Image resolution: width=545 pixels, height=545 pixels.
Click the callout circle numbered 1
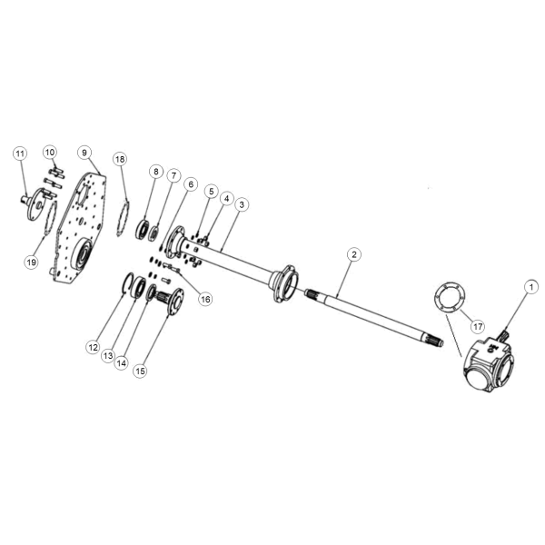tap(530, 287)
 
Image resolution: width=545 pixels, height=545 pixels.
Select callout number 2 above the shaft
tap(354, 254)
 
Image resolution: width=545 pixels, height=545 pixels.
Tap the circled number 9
tap(84, 153)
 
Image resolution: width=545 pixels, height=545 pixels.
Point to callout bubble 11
tap(20, 154)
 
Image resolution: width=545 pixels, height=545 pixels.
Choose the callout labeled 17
tap(478, 326)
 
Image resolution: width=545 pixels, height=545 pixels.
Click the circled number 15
tap(140, 372)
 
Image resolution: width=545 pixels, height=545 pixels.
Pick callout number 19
tap(31, 262)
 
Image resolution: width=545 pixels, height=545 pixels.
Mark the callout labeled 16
tap(205, 299)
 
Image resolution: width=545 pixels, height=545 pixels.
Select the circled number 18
tap(120, 159)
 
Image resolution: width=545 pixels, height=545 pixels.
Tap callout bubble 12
tap(94, 347)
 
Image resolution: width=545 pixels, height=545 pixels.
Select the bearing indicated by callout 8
tap(142, 228)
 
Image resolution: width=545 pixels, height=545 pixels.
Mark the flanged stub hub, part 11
tap(35, 204)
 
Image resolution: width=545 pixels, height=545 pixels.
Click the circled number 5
tap(211, 191)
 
